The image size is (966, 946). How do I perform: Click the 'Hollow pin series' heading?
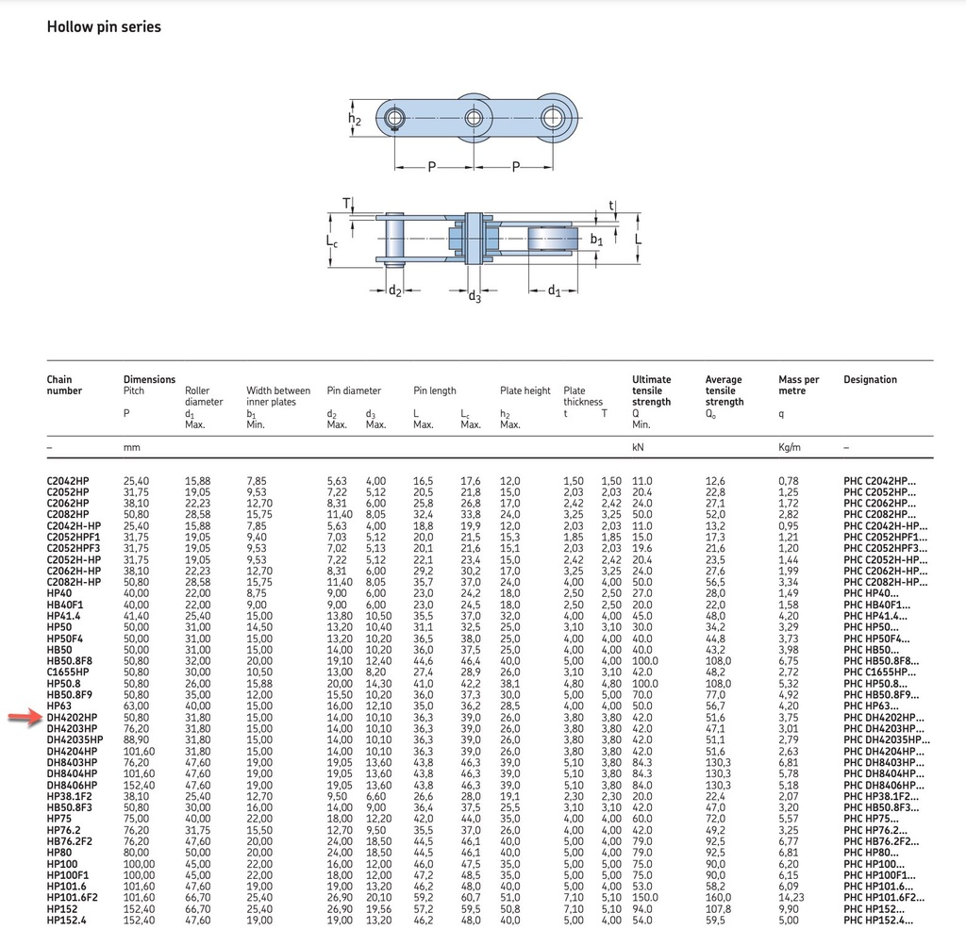[104, 26]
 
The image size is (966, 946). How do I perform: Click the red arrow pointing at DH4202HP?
[25, 717]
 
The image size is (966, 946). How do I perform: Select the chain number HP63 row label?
[59, 705]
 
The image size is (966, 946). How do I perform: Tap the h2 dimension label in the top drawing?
[355, 119]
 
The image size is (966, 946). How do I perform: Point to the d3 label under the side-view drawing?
[475, 296]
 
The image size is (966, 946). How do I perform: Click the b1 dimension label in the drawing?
[596, 239]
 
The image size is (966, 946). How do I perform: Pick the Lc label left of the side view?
[332, 241]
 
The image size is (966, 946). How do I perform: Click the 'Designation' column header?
[870, 379]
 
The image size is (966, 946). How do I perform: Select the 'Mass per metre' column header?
[798, 385]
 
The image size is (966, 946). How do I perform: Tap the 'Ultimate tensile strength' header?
[651, 390]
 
